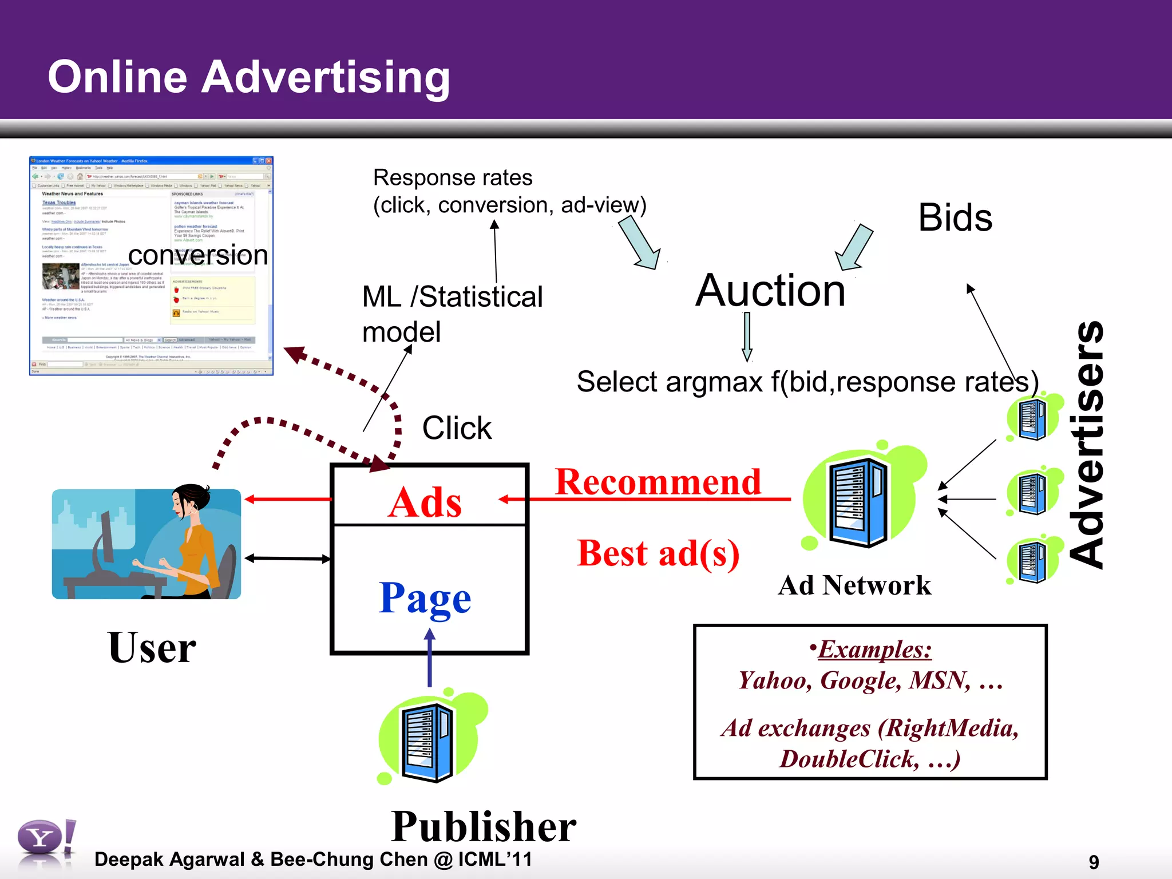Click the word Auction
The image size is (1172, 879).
[x=770, y=291]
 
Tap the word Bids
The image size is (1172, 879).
[x=955, y=218]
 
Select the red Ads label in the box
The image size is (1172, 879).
[x=424, y=502]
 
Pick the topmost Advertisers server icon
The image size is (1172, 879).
[x=1033, y=419]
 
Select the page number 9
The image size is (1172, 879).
[x=1094, y=862]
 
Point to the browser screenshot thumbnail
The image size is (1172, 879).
[x=151, y=266]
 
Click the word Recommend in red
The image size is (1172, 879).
[x=658, y=482]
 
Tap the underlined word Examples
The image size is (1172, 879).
[x=874, y=650]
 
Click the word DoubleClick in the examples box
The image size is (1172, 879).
[x=849, y=759]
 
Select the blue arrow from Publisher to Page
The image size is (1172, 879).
[x=430, y=658]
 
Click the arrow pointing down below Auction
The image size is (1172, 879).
[x=747, y=336]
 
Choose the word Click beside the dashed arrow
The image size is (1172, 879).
[x=457, y=428]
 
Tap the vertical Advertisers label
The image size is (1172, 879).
[x=1087, y=445]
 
